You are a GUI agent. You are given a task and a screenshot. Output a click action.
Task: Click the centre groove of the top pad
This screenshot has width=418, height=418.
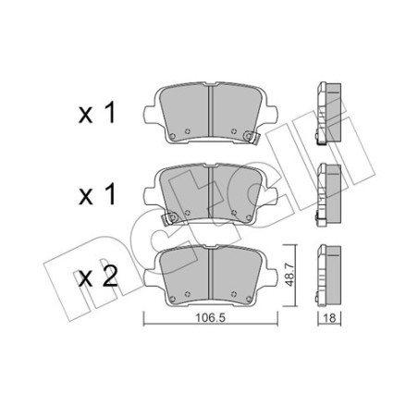[211, 113]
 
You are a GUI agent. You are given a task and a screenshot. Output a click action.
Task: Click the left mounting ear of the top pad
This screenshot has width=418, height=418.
[151, 113]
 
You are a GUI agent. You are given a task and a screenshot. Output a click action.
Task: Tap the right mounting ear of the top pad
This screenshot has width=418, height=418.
[271, 113]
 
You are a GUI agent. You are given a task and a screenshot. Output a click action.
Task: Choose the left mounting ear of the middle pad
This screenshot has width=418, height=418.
[151, 193]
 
